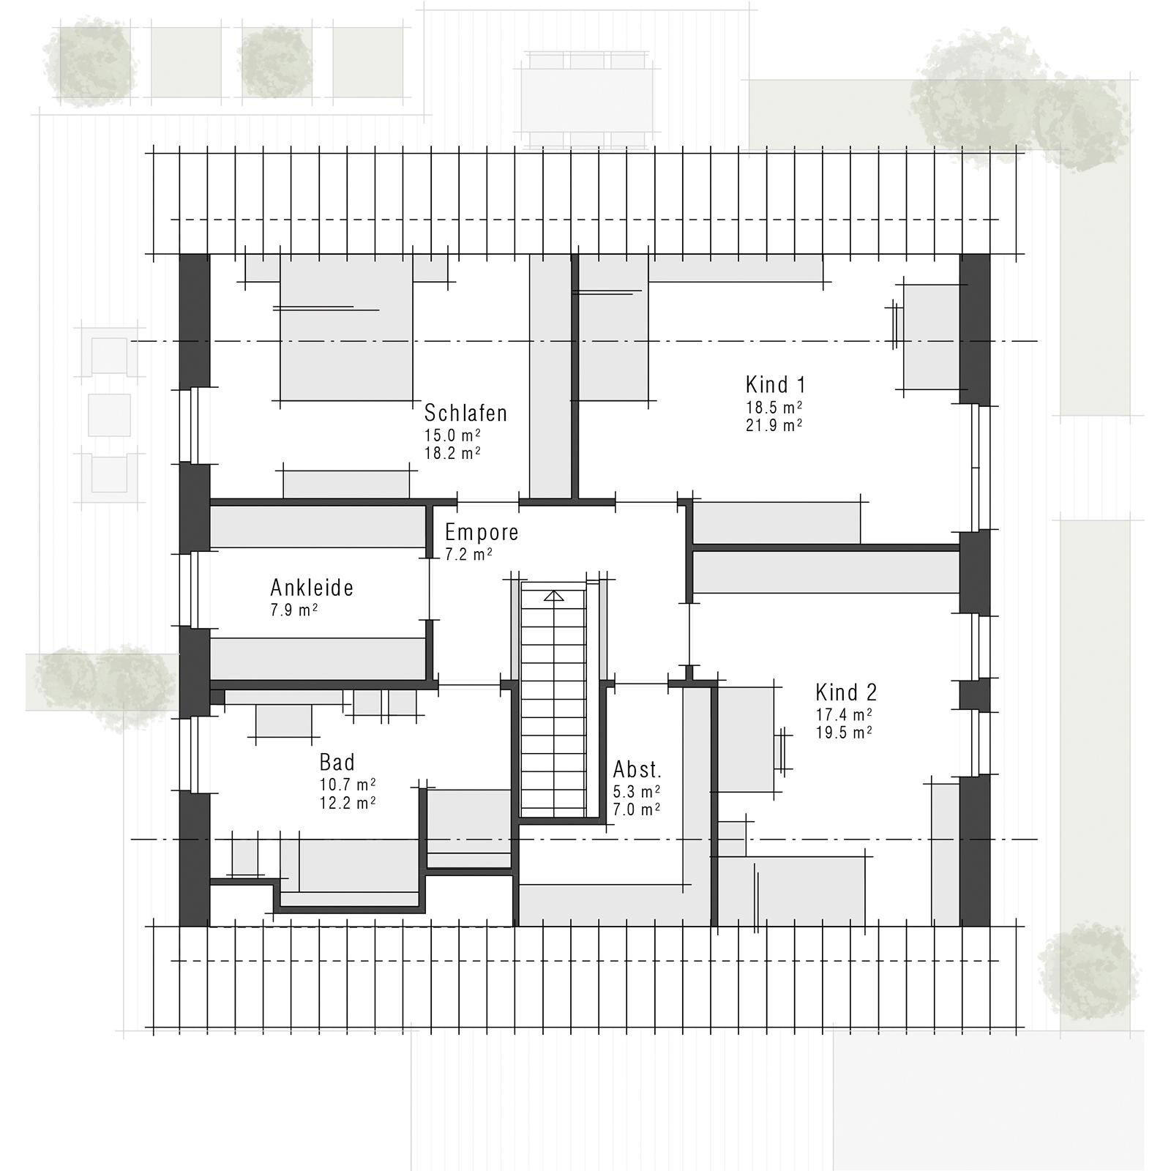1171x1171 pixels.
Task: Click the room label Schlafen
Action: point(465,413)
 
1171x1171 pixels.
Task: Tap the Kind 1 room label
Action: point(776,384)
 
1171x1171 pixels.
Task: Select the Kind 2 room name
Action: point(846,692)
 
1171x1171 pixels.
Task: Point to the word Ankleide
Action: point(312,588)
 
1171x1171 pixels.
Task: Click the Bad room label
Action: point(337,763)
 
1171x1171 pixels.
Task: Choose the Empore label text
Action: point(482,532)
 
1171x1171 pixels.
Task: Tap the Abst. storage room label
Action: point(637,770)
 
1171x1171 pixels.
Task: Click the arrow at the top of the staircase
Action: point(554,596)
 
